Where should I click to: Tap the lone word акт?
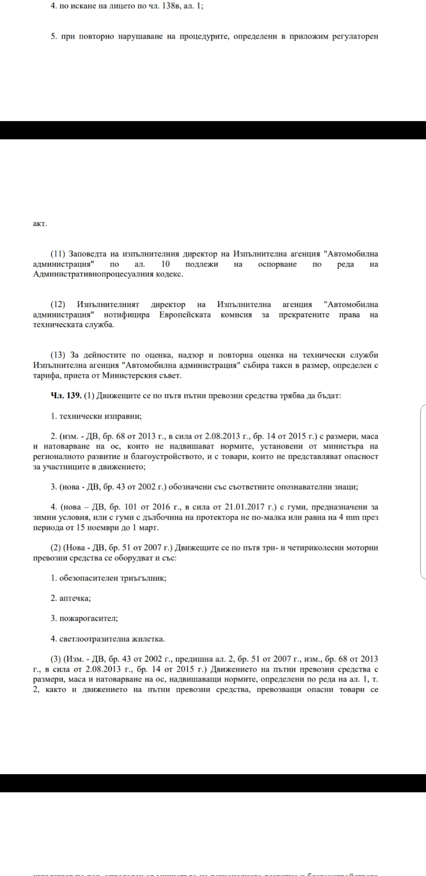(40, 224)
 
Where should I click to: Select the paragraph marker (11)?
(58, 254)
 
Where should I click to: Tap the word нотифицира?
(127, 315)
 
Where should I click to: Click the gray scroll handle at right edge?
(423, 491)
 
